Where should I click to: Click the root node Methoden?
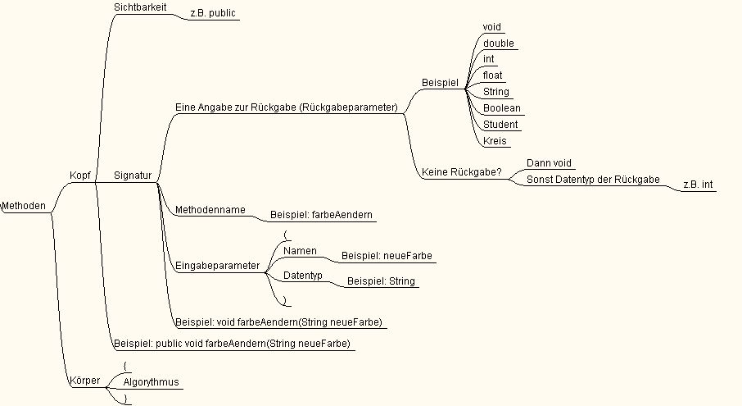coord(24,206)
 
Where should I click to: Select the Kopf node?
coord(80,176)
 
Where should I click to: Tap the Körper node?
coord(84,381)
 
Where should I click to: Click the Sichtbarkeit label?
coord(140,7)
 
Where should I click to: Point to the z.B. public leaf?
coord(213,13)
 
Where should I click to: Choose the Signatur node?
coord(133,176)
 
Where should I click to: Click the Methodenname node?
coord(210,209)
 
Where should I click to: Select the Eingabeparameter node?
coord(217,266)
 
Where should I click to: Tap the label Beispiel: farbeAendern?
coord(321,215)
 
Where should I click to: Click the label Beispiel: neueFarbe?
coord(387,256)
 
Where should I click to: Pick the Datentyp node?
coord(303,276)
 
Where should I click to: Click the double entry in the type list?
coord(498,43)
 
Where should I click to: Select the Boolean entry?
coord(501,108)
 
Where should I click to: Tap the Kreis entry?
coord(495,141)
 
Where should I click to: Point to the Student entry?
coord(500,125)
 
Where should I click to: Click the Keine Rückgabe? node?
coord(461,172)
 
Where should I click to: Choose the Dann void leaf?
coord(549,163)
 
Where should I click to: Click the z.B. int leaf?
coord(698,185)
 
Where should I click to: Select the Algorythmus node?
coord(151,382)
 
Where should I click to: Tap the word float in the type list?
coord(492,75)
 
